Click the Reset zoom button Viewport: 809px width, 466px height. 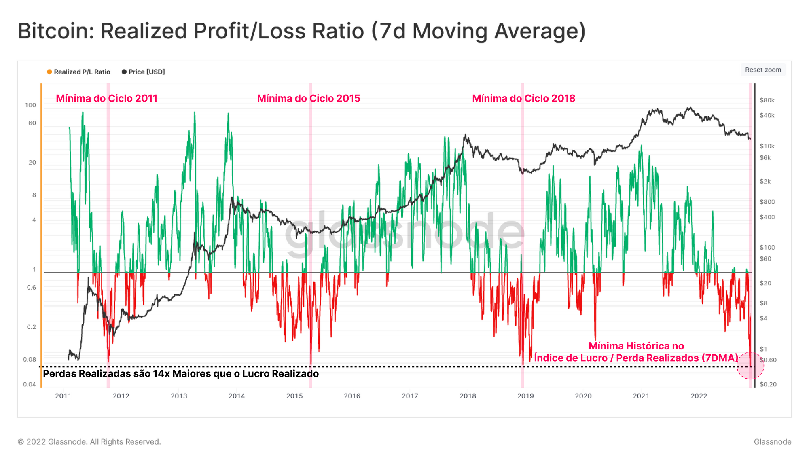(x=763, y=70)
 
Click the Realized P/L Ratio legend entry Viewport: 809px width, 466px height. (x=78, y=72)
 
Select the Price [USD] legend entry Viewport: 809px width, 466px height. (x=144, y=72)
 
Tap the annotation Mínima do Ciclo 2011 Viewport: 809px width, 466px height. (x=106, y=98)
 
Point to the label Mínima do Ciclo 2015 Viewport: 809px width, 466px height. (x=309, y=98)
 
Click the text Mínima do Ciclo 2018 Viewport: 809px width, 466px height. (x=523, y=98)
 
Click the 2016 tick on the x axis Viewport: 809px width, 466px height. (x=352, y=396)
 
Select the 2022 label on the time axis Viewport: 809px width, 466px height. (x=699, y=396)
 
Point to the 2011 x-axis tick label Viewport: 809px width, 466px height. (x=63, y=396)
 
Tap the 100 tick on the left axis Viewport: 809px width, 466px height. (x=30, y=105)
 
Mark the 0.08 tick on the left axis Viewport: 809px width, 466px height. (x=29, y=360)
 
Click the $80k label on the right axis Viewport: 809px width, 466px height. (x=767, y=100)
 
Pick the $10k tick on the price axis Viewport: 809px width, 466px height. (x=767, y=146)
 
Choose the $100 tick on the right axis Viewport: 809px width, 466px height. (x=767, y=247)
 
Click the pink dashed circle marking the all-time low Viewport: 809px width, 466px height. (x=750, y=366)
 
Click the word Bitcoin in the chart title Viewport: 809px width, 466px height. (x=55, y=31)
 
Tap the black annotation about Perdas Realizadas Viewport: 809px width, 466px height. (x=181, y=374)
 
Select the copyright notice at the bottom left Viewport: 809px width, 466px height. (x=89, y=442)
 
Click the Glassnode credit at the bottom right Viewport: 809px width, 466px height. (x=772, y=442)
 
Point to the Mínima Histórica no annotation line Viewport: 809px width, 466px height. (x=636, y=346)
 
